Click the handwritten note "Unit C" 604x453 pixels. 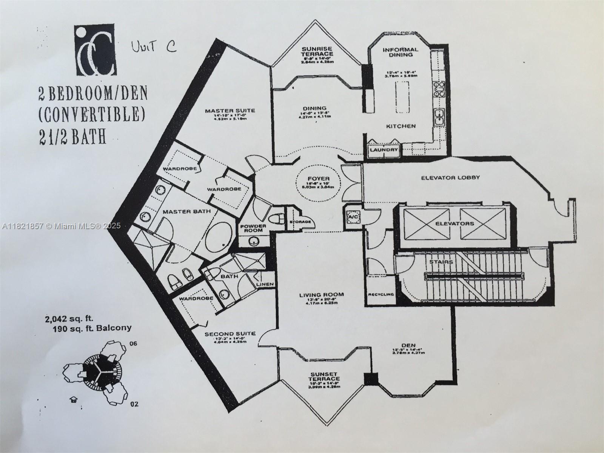(x=153, y=48)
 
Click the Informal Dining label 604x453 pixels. (x=400, y=52)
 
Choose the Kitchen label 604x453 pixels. (x=401, y=126)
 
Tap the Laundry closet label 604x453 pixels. (x=384, y=150)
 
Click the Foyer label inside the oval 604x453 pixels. (x=319, y=179)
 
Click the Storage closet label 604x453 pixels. (x=300, y=222)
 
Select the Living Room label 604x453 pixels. (x=322, y=295)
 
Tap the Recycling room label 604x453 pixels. (x=381, y=294)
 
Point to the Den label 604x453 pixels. (x=409, y=345)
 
